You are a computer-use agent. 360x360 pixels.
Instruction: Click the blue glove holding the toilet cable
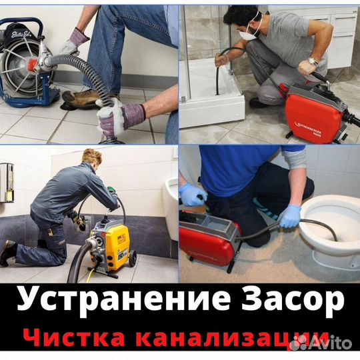click(290, 215)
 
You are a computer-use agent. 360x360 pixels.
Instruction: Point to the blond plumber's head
click(92, 159)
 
